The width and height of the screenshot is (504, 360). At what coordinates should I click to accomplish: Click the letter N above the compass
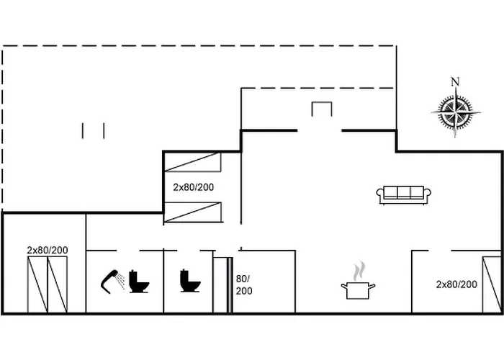click(x=455, y=82)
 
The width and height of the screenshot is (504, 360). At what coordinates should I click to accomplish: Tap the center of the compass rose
click(x=456, y=112)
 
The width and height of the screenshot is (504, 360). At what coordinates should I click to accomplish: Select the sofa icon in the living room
click(x=404, y=195)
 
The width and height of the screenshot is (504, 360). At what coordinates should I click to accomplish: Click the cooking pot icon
click(x=358, y=290)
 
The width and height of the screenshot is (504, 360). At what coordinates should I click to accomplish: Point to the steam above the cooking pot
click(x=359, y=271)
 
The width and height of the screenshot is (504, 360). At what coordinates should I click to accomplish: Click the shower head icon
click(x=112, y=282)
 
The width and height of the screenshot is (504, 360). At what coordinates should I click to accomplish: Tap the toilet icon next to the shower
click(x=139, y=282)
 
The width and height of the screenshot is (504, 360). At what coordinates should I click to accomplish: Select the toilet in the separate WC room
click(x=190, y=281)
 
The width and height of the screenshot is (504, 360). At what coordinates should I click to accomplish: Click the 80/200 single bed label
click(x=244, y=285)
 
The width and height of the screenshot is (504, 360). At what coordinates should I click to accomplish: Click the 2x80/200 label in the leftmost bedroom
click(x=48, y=250)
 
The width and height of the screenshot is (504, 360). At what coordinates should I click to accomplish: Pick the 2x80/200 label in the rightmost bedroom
click(x=456, y=284)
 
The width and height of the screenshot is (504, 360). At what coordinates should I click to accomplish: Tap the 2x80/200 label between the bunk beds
click(x=193, y=187)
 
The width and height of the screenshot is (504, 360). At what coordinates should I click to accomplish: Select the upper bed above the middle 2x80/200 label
click(x=192, y=162)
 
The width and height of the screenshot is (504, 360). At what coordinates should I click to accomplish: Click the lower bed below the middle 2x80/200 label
click(x=193, y=212)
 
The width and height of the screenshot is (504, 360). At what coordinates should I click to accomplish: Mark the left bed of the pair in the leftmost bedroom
click(x=37, y=284)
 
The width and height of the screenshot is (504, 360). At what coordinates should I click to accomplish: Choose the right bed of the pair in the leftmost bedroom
click(x=57, y=284)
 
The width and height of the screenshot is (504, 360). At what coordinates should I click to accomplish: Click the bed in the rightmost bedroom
click(x=492, y=284)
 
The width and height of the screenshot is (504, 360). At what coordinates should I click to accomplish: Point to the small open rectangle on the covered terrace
click(x=321, y=102)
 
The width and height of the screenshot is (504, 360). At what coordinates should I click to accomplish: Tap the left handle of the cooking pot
click(x=344, y=285)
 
